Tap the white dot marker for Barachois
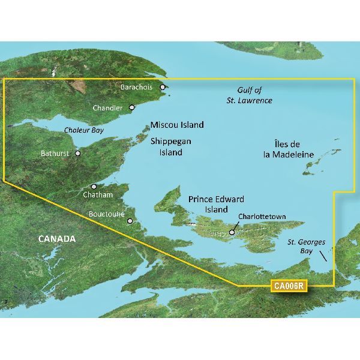click(x=162, y=88)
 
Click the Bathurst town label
click(x=56, y=154)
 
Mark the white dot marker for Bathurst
click(x=77, y=153)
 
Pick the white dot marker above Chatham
click(x=94, y=187)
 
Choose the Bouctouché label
click(x=106, y=213)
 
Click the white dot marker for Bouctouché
click(x=130, y=221)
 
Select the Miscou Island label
click(x=177, y=125)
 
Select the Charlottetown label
click(x=262, y=217)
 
